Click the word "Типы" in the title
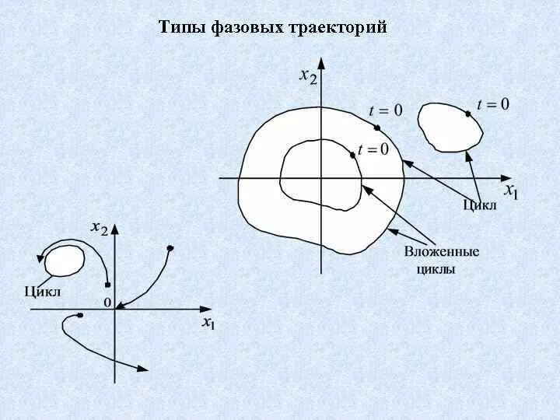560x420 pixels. coord(182,29)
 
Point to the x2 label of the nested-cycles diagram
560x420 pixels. coord(308,76)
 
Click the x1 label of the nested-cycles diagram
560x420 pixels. coord(510,190)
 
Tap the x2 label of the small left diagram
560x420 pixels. coord(100,228)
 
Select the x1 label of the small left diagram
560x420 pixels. coord(208,322)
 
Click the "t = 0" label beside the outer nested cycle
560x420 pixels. coord(386,110)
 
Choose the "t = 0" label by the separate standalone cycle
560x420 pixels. coord(493,103)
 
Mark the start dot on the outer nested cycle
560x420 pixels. coord(376,128)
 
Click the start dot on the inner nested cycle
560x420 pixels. coord(354,155)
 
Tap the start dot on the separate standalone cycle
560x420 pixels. coord(468,114)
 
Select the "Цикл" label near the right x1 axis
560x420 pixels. coord(479,205)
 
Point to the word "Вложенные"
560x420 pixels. coord(442,252)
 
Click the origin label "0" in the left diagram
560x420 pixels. coord(108,302)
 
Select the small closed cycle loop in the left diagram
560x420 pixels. coord(65,261)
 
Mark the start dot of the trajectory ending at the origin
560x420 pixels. coord(170,248)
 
